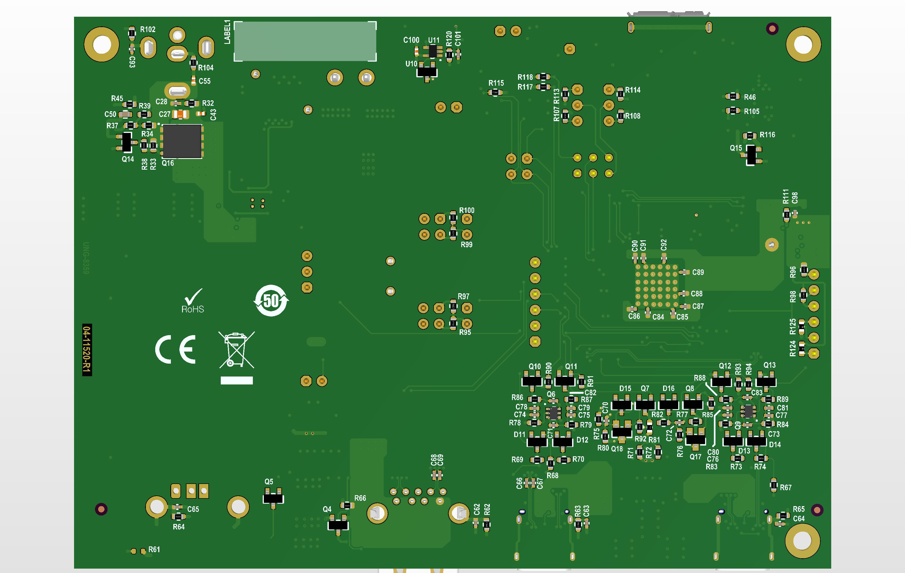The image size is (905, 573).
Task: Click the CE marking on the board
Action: point(176,349)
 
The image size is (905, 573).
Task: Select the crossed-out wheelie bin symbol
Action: point(236,350)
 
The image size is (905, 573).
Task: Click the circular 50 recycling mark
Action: point(271,300)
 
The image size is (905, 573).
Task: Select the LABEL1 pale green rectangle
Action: point(305,41)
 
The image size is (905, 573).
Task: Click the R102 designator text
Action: point(148,29)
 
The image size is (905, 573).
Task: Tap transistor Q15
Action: point(751,155)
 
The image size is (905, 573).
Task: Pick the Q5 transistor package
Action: point(273,498)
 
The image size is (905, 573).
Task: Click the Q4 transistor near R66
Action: point(338,524)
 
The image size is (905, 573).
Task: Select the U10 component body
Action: point(426,71)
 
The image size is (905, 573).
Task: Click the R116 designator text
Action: point(767,135)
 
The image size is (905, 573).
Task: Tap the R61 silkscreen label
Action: point(154,549)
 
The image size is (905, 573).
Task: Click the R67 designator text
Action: point(785,488)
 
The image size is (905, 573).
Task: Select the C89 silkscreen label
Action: point(698,272)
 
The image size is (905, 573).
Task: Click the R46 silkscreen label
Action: point(750,97)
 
